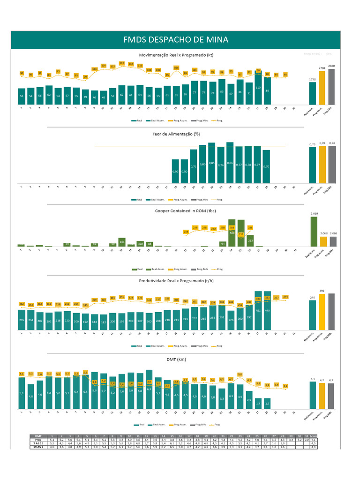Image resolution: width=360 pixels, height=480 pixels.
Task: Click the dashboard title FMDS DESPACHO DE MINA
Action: (176, 40)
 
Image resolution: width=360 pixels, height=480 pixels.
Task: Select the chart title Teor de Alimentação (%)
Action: (176, 134)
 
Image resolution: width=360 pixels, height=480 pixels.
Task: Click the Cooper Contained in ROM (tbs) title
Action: (176, 210)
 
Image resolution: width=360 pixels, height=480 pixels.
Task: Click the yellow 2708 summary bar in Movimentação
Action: (322, 88)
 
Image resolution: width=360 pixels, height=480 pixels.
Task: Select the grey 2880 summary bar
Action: (331, 87)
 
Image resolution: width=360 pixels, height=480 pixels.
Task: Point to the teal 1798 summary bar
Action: (313, 94)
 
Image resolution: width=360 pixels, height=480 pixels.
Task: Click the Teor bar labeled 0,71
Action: (194, 166)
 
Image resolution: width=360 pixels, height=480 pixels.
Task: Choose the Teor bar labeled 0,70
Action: (267, 166)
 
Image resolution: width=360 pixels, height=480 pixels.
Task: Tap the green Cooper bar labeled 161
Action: (121, 242)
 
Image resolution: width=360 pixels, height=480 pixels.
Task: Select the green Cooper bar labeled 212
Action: (250, 241)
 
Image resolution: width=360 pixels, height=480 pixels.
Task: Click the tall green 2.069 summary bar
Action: (313, 232)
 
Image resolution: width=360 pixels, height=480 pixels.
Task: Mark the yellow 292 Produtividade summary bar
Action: (322, 311)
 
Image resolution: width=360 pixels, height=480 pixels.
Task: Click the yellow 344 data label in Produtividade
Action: (285, 297)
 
